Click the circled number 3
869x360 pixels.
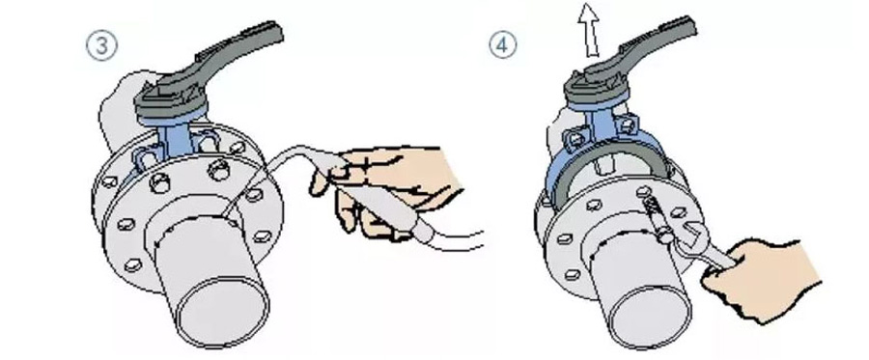[102, 45]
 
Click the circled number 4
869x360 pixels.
[502, 45]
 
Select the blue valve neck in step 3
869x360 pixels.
[177, 145]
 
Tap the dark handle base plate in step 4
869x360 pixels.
[597, 89]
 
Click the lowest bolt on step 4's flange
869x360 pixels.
[572, 274]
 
